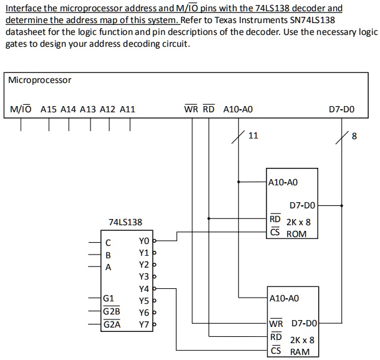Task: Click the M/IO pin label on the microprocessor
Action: [x=21, y=109]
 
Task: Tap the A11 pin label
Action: [x=127, y=109]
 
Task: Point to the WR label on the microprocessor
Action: [x=191, y=109]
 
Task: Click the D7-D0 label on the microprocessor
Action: [x=341, y=109]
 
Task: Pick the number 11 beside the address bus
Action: [x=253, y=136]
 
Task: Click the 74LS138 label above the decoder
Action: [x=125, y=222]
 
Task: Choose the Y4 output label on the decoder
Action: [x=144, y=289]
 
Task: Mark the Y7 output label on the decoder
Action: [x=144, y=324]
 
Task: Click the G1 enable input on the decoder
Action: [x=109, y=299]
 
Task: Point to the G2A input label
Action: [x=112, y=324]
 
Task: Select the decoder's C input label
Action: [x=108, y=242]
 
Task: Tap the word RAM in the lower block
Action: [x=300, y=353]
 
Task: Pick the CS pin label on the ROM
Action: [x=275, y=233]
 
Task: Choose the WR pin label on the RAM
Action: [x=276, y=324]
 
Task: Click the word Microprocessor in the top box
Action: [x=40, y=80]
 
